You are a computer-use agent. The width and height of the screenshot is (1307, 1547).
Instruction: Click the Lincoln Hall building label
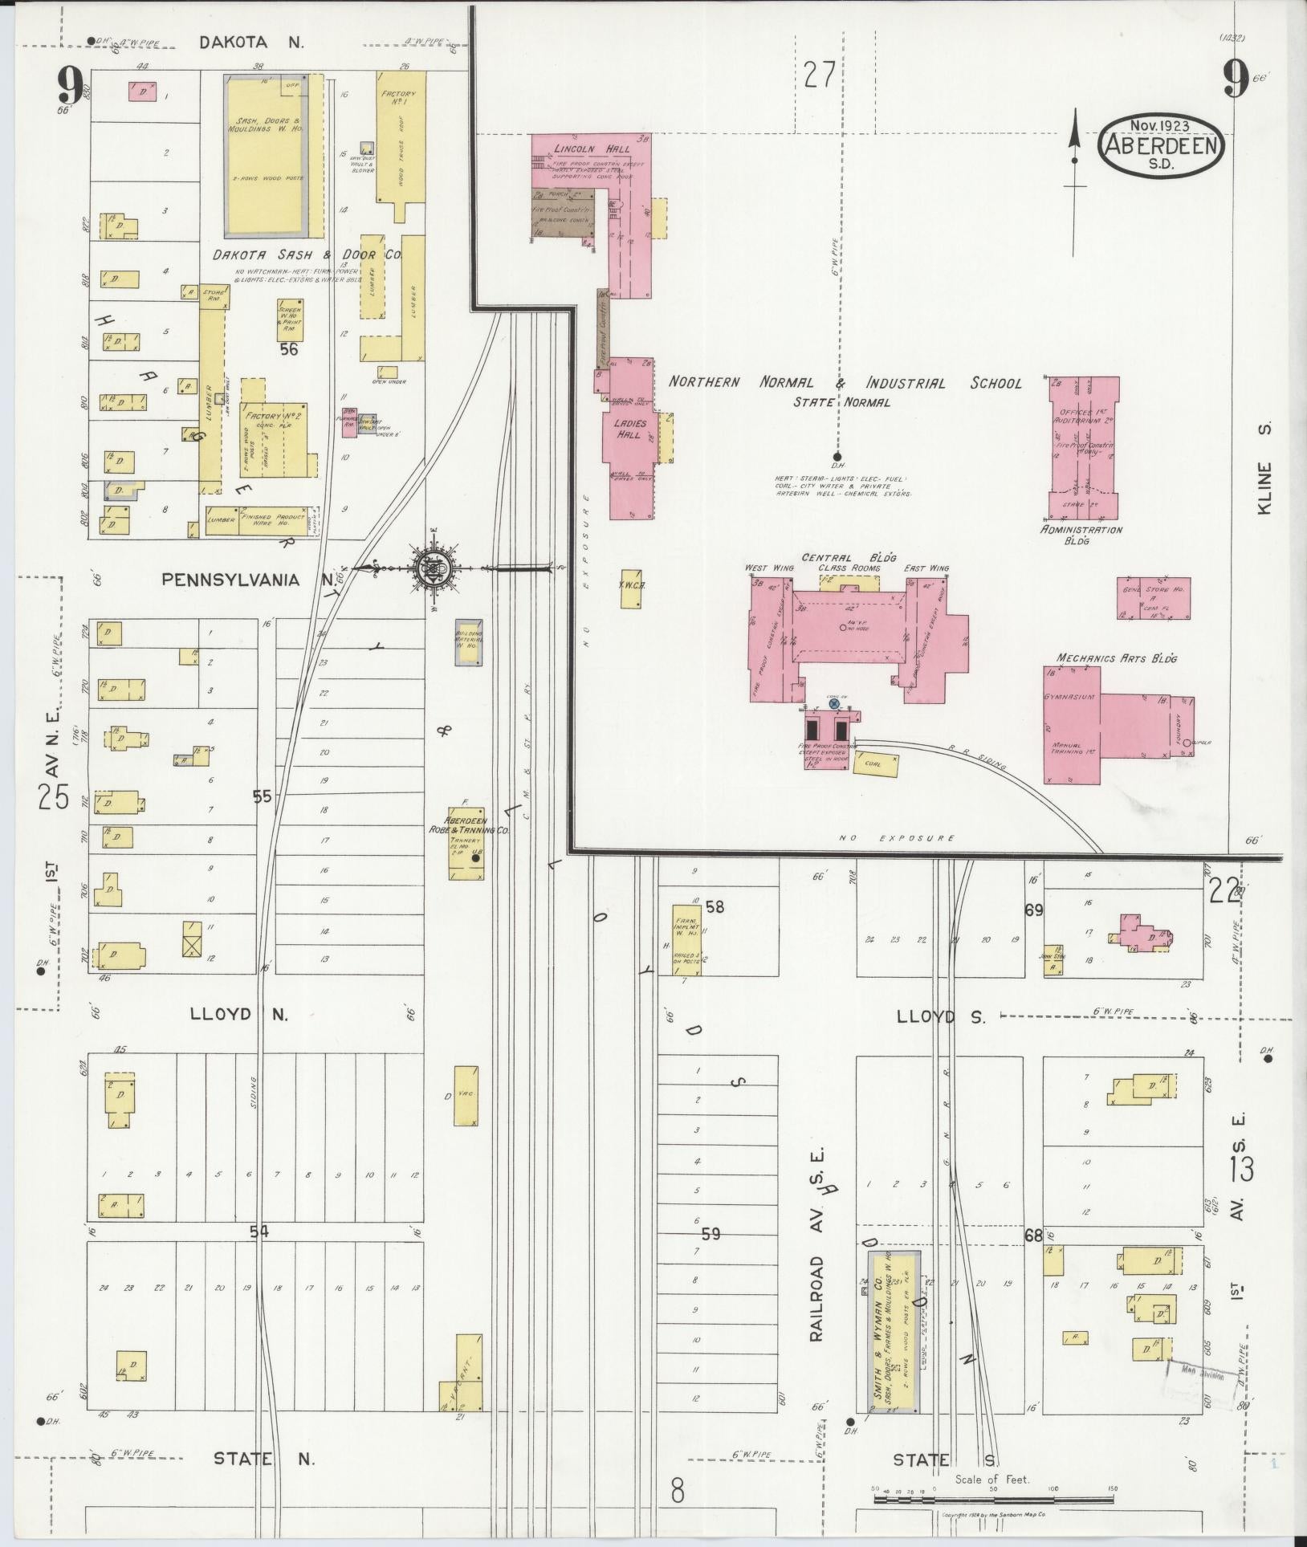580,149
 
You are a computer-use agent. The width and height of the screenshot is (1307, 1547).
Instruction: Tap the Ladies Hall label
629,429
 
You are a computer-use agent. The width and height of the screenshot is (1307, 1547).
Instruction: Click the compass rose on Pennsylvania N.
433,569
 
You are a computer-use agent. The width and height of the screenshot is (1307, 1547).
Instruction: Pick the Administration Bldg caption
1081,535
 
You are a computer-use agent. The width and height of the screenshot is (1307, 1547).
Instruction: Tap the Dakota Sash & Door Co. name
306,254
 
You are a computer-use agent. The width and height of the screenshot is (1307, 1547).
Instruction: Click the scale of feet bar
993,1498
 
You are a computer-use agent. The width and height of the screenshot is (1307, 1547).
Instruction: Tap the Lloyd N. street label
238,1014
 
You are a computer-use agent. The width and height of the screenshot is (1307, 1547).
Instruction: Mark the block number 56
289,349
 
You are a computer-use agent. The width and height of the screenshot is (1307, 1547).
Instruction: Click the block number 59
711,1255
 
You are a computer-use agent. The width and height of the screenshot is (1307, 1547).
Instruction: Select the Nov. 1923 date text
1159,126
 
